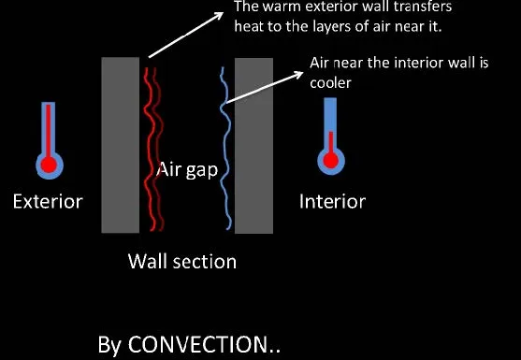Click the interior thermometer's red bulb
coord(329,161)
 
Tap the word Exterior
coord(47,201)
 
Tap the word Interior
coord(332,201)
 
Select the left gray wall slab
coord(120,145)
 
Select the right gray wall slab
coord(253,145)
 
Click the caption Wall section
coord(181,260)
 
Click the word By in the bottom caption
coord(110,344)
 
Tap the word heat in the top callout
coord(253,26)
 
